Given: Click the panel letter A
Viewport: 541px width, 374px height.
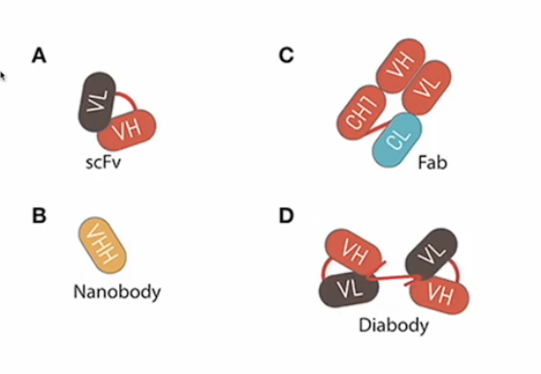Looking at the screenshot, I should (x=39, y=56).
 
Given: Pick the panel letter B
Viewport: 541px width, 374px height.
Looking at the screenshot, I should (x=39, y=215).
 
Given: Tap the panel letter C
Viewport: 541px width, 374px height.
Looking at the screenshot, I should (x=286, y=56).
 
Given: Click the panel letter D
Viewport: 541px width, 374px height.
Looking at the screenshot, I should (x=286, y=215).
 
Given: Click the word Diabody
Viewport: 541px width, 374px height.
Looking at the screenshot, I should (x=392, y=326).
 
